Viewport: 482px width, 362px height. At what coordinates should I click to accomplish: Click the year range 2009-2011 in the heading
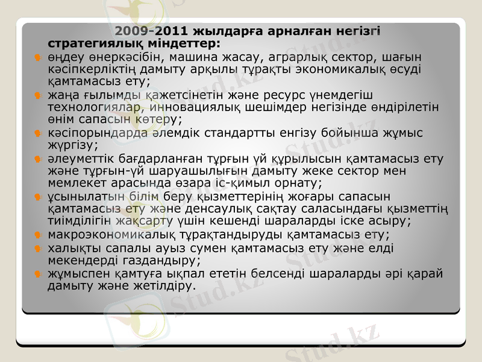151,30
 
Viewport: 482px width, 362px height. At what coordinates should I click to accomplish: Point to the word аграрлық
301,58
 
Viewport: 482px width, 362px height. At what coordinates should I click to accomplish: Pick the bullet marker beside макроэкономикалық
37,235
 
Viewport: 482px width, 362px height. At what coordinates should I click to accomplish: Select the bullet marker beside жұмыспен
37,274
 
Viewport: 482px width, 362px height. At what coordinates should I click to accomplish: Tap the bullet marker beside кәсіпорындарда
37,133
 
